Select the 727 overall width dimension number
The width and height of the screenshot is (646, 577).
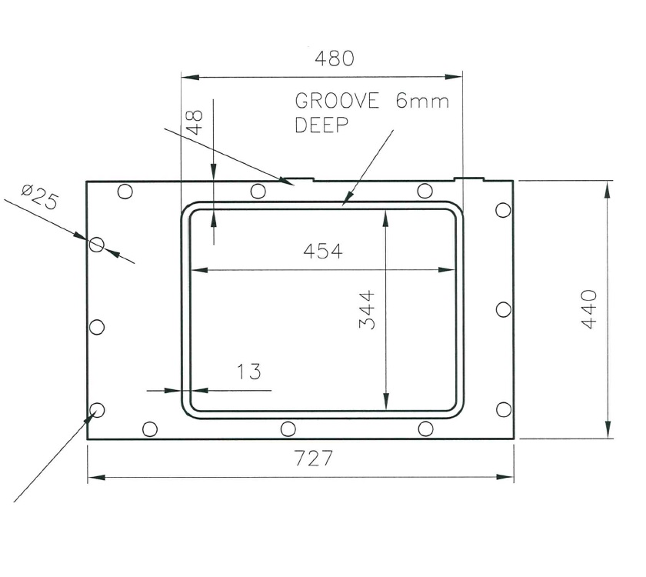coord(314,459)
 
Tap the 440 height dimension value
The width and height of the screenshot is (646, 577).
coord(589,309)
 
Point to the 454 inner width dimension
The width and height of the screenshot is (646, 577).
coord(322,251)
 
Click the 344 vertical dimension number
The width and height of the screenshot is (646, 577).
coord(368,310)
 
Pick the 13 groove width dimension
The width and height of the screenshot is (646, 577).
coord(248,372)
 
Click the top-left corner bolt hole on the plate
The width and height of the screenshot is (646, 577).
coord(125,192)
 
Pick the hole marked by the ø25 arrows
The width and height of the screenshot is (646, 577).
coord(96,245)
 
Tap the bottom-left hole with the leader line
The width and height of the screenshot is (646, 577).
coord(97,409)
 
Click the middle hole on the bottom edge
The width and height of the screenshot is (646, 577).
coord(288,429)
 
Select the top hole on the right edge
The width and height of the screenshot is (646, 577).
coord(503,210)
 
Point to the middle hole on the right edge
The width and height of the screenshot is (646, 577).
coord(503,309)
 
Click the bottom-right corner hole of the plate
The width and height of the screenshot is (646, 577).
coord(503,409)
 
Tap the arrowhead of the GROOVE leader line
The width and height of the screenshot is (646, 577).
coord(345,202)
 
